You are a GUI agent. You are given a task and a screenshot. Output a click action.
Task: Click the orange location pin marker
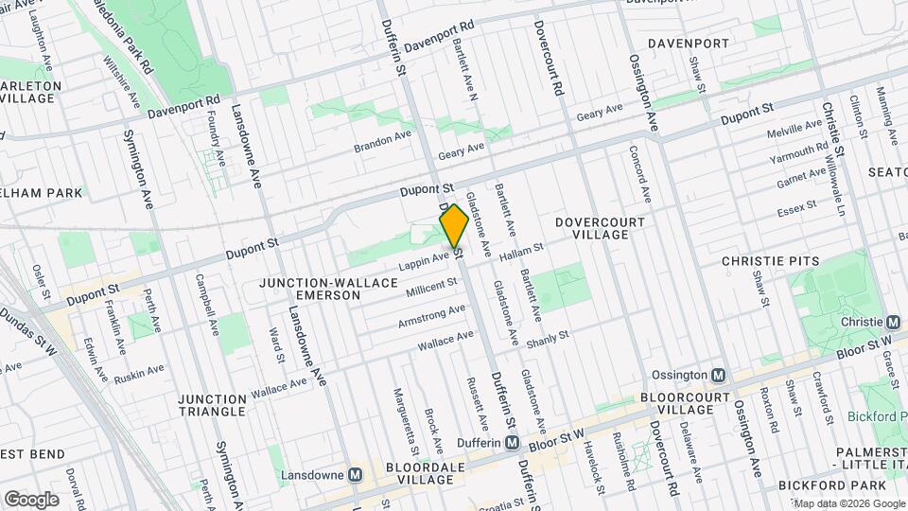coord(454,226)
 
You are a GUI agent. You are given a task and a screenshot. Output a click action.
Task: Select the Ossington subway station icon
coord(718,375)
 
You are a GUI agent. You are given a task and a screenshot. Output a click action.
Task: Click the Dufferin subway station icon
coord(512,442)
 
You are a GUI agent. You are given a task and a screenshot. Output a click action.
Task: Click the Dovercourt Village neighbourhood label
coord(600,228)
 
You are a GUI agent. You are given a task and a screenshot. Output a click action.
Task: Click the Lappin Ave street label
coord(423,258)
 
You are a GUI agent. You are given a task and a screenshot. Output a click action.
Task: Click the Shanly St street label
coord(548,337)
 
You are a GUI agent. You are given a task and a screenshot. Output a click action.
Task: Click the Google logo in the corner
coord(31,499)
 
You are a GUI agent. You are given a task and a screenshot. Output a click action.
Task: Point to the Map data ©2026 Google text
coord(848,503)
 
